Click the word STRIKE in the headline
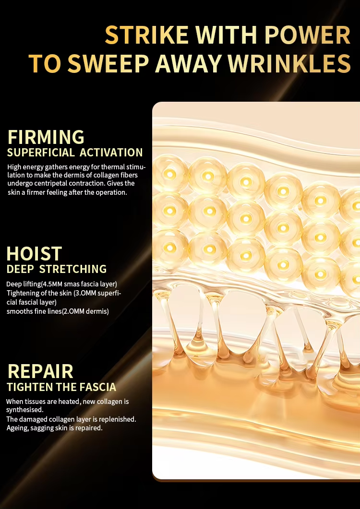coord(147,35)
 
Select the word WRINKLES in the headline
coord(289,63)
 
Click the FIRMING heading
coord(46,137)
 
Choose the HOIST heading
coord(34,253)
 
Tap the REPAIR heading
coord(40,371)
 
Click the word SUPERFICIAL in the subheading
coord(41,153)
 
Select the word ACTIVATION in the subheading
coord(111,153)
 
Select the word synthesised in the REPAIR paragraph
coord(24,410)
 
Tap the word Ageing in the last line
coord(18,428)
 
